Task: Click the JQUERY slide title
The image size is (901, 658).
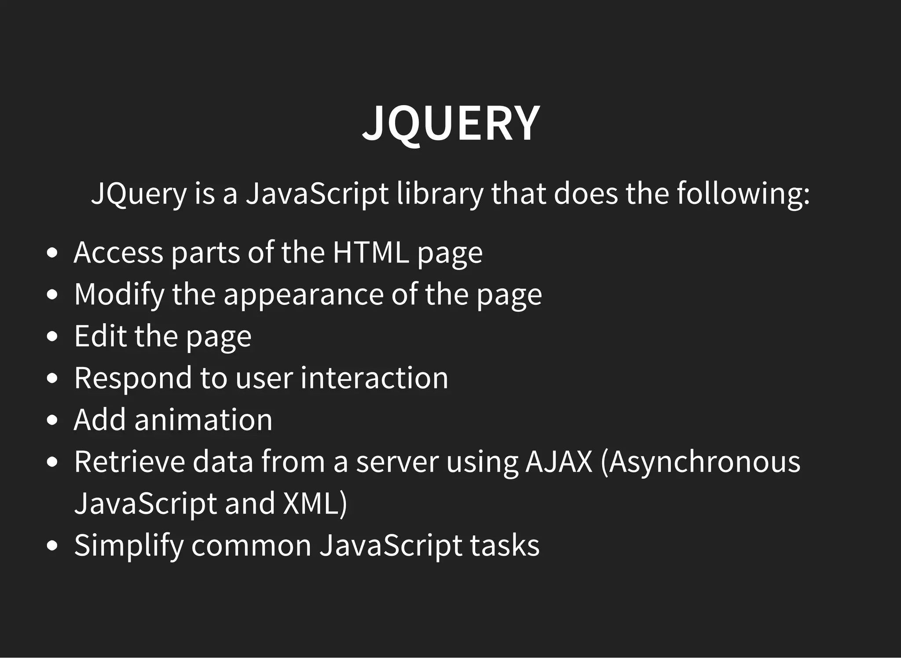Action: tap(450, 123)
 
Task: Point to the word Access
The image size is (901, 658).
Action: tap(118, 252)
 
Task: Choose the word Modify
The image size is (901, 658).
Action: tap(119, 294)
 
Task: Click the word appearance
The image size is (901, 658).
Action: tap(304, 294)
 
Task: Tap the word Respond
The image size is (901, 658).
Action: tap(133, 378)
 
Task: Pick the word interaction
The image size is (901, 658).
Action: tap(374, 378)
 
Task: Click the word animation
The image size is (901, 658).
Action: tap(203, 420)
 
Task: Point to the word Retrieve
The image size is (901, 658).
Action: tap(129, 462)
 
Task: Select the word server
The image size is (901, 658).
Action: tap(397, 462)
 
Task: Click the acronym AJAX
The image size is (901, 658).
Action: tap(559, 462)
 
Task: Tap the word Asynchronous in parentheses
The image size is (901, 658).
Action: tap(701, 462)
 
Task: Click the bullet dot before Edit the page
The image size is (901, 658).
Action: tap(52, 336)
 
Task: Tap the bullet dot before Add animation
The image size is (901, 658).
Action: tap(52, 420)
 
